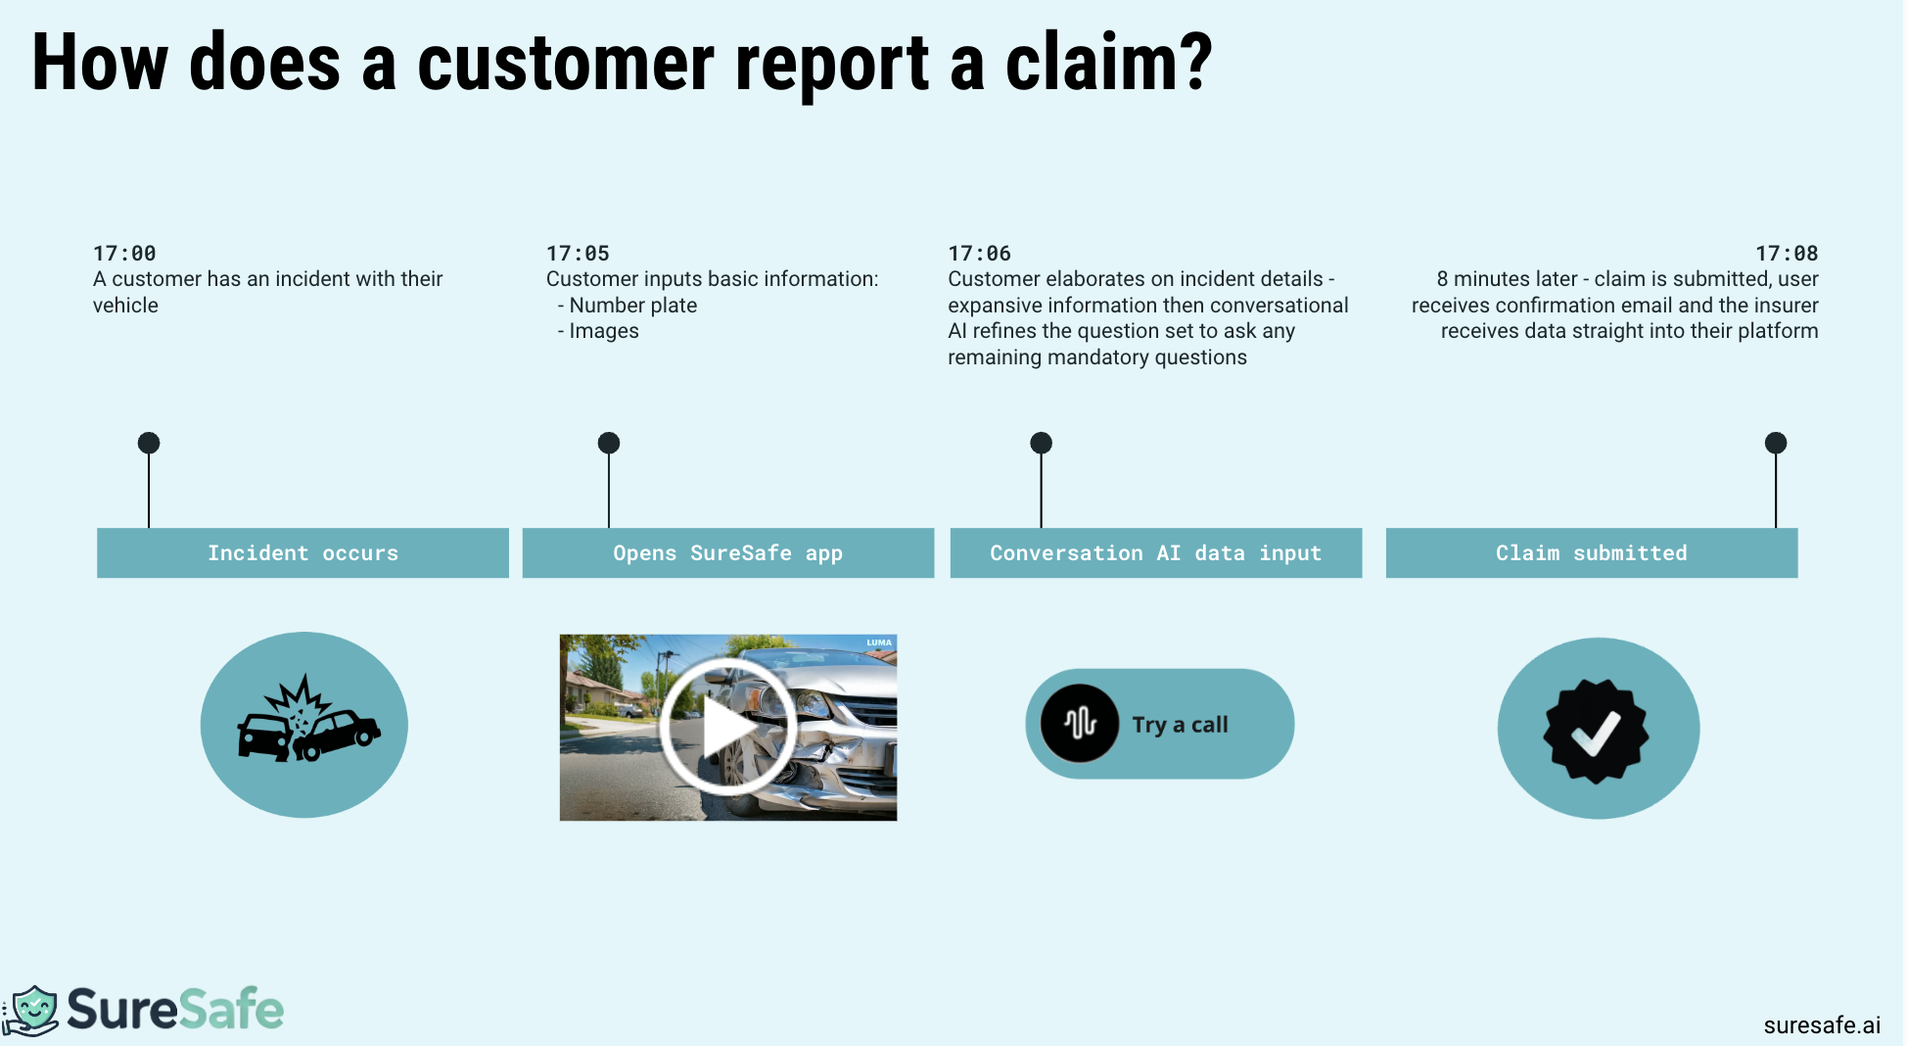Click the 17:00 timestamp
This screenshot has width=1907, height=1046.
tap(124, 254)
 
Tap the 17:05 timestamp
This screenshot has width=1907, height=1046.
tap(578, 254)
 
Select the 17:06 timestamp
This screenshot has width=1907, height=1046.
tap(979, 254)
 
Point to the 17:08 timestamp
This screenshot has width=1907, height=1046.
tap(1787, 254)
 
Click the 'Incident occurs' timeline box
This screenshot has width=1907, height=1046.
tap(302, 553)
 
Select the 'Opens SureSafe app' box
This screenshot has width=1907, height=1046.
tap(727, 553)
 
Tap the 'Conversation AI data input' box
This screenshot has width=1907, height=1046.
tap(1155, 553)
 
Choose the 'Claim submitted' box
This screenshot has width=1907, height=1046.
tap(1591, 553)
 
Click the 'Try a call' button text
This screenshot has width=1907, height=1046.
tap(1180, 725)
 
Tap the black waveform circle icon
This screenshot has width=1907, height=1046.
tap(1080, 724)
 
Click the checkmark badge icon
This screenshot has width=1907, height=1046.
tap(1597, 731)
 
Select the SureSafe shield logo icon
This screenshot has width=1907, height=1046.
tap(33, 1010)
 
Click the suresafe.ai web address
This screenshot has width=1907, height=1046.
tap(1822, 1025)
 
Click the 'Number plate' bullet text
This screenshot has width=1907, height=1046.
tap(632, 306)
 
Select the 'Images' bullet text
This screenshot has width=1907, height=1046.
tap(603, 331)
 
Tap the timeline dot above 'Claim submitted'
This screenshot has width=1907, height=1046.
tap(1776, 443)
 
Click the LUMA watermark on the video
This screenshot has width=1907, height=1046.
tap(879, 643)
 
